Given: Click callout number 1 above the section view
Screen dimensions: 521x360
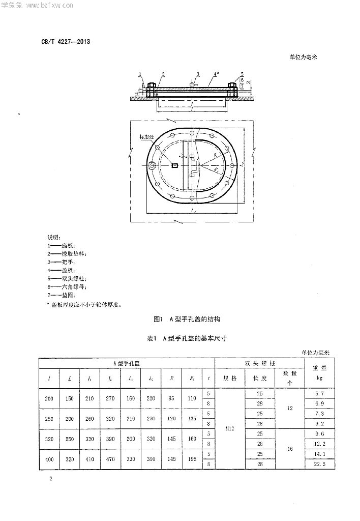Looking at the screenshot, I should coord(139,74).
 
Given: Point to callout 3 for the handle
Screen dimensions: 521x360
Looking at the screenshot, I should coord(198,74).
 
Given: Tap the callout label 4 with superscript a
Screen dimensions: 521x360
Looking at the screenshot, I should coord(216,74).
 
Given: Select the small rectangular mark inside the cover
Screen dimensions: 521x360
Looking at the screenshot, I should coord(174,165).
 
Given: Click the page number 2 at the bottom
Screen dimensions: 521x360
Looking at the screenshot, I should coord(51,479).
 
